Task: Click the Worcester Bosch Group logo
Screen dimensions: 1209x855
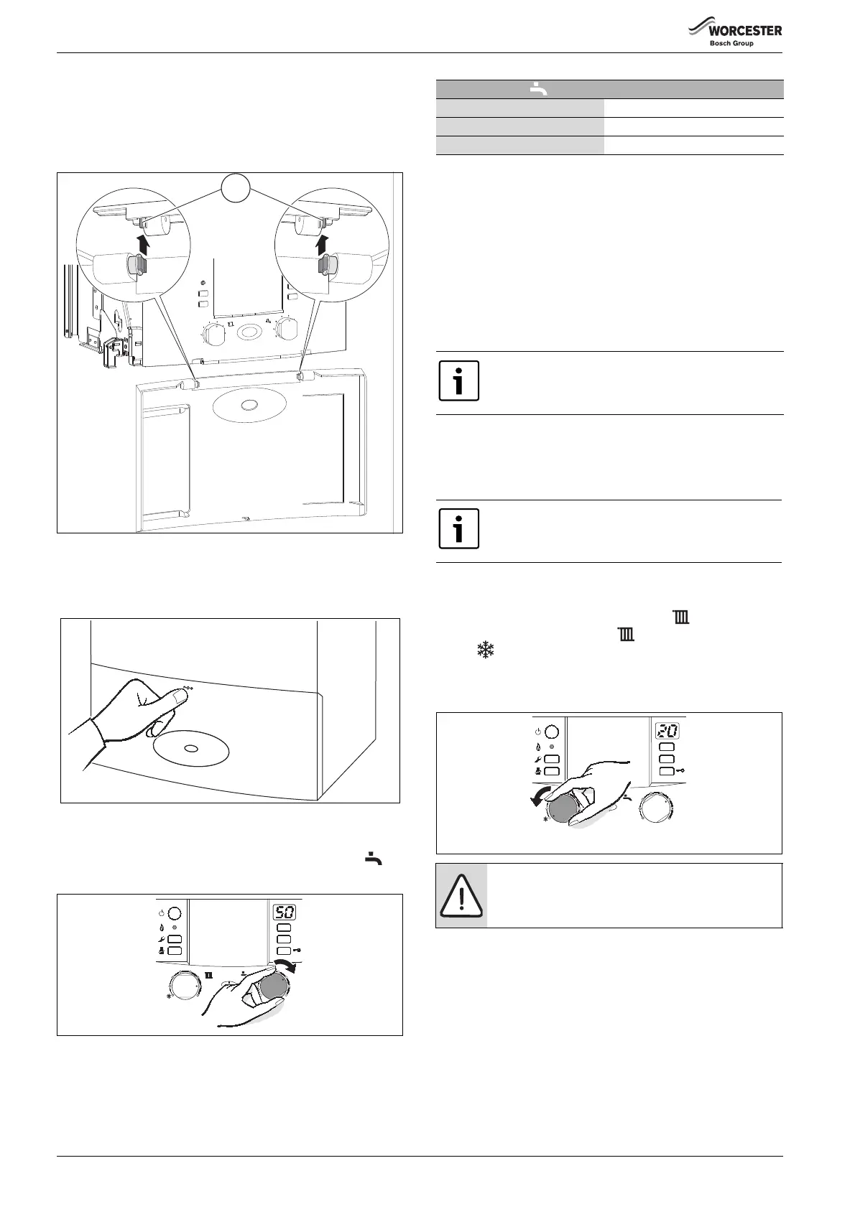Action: tap(734, 34)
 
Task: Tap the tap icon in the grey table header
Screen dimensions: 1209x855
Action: tap(538, 90)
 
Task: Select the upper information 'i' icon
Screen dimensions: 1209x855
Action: tap(459, 381)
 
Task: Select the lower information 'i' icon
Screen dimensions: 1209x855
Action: tap(459, 529)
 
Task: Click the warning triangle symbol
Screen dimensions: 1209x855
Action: tap(461, 895)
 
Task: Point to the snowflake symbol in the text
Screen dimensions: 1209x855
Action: tap(486, 650)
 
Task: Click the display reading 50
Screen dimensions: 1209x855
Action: tap(285, 912)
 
